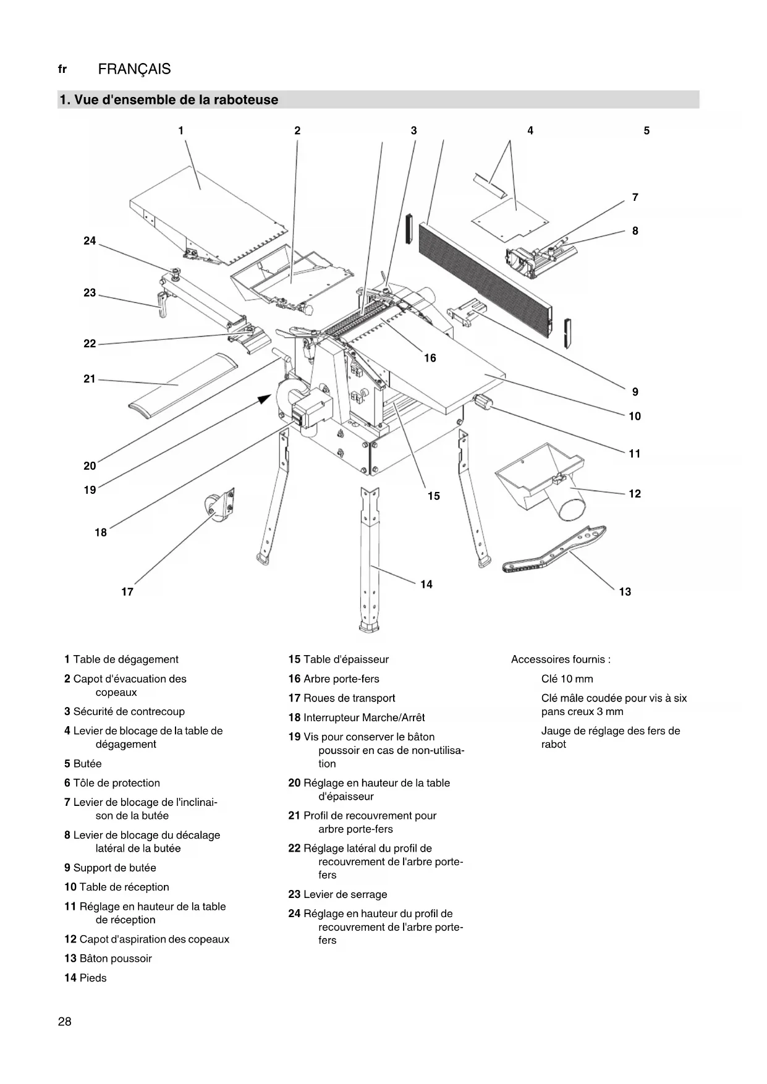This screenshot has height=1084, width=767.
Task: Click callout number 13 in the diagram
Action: tap(625, 592)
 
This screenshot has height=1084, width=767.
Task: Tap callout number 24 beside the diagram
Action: tap(90, 241)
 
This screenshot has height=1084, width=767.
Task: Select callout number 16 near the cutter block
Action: tap(430, 358)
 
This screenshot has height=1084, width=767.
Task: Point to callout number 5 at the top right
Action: tap(646, 130)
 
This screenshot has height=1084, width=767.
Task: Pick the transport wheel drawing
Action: tap(220, 508)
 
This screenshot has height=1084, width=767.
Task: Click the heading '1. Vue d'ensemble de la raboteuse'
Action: tap(169, 100)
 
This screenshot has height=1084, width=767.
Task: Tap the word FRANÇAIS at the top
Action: tap(134, 69)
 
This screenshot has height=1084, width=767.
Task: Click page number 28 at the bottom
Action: tap(65, 1022)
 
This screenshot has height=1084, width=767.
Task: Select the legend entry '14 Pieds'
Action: tap(85, 978)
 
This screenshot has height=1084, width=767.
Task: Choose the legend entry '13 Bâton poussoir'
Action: tap(108, 959)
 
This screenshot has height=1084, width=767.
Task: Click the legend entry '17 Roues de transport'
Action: tap(341, 698)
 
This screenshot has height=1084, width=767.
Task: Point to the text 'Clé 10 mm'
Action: tap(567, 679)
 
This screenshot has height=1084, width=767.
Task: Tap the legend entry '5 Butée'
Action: tap(83, 763)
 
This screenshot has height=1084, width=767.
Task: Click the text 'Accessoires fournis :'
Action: tap(561, 659)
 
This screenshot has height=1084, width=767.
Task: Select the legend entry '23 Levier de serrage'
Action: tap(337, 894)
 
